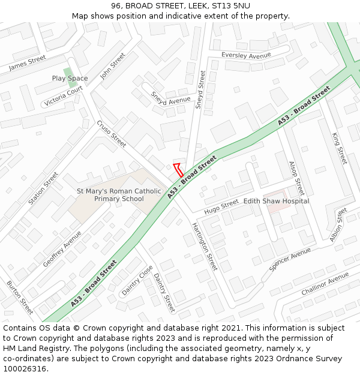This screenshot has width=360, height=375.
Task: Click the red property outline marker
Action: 178,169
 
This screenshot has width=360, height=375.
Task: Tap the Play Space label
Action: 70,79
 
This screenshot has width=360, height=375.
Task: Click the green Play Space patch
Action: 68,73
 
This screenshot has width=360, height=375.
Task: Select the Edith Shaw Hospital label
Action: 276,201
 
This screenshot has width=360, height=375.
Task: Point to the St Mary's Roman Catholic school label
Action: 119,195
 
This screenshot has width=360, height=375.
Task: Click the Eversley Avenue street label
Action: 246,55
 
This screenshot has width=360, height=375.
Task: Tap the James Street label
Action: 28,63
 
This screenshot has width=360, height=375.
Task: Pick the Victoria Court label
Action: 64,96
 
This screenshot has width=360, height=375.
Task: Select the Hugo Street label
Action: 221,207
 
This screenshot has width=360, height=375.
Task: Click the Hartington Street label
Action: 205,246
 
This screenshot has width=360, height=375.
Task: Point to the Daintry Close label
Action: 137,280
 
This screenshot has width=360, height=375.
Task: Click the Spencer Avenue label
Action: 290,259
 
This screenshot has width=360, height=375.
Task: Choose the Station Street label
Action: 43,188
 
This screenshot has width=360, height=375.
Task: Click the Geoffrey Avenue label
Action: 62,249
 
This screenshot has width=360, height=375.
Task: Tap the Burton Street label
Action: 20,298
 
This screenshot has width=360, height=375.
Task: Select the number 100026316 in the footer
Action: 25,369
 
